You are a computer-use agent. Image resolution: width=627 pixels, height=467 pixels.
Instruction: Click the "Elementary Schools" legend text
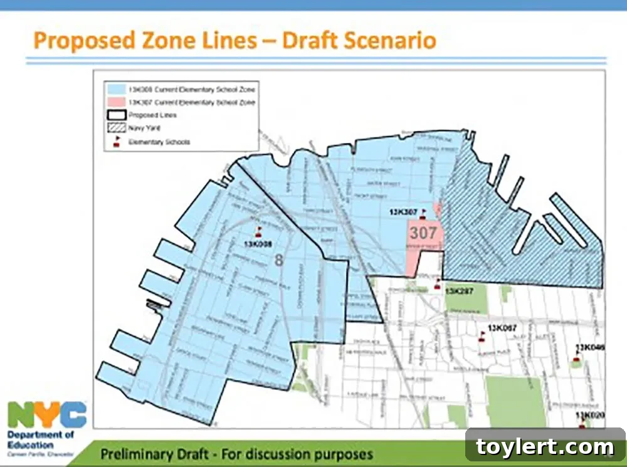click(x=159, y=142)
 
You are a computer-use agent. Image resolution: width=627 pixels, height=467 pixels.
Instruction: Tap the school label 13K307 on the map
click(x=403, y=212)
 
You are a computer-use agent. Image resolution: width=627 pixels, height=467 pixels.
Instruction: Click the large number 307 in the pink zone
click(x=423, y=233)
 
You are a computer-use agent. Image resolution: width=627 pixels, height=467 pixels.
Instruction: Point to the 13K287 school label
click(x=458, y=291)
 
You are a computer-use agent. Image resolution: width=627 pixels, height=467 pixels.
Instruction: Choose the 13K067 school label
click(x=502, y=328)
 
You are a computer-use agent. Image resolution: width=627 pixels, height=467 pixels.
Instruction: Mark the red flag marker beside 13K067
click(x=482, y=336)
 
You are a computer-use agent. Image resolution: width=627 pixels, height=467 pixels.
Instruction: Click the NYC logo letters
click(x=48, y=415)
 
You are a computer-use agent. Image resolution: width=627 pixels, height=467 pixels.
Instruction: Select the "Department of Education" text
click(x=41, y=439)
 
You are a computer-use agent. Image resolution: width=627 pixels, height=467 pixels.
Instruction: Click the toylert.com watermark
click(x=545, y=447)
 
